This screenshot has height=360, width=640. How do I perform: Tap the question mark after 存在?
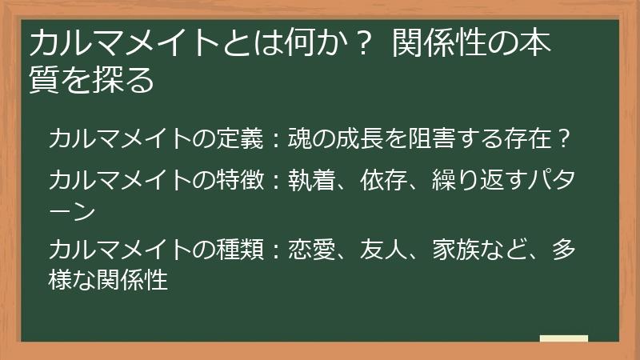565,139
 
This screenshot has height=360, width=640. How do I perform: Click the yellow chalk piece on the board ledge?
563,338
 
